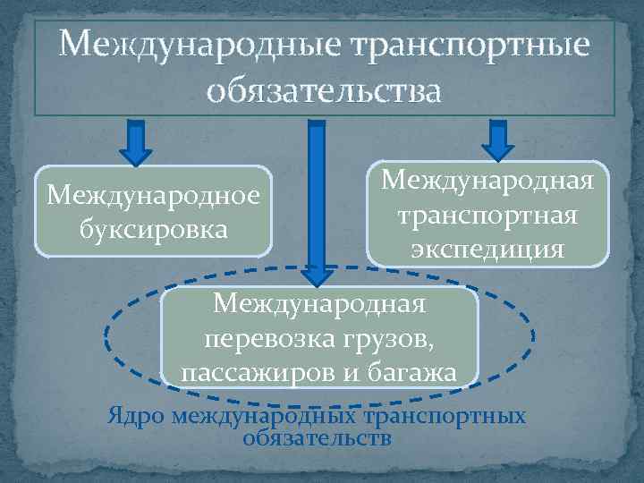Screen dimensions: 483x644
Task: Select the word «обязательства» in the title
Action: (x=324, y=90)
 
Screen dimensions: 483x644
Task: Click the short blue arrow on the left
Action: (x=136, y=143)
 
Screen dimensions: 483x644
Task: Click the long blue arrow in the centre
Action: (x=316, y=197)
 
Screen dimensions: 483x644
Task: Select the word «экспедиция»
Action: (x=487, y=249)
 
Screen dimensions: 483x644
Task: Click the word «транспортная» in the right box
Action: (x=488, y=216)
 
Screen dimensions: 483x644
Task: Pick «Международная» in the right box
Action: (x=488, y=182)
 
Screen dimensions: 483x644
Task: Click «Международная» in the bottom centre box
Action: (x=319, y=304)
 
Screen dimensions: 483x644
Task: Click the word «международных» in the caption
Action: (x=266, y=416)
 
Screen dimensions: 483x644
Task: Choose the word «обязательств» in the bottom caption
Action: (x=317, y=438)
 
